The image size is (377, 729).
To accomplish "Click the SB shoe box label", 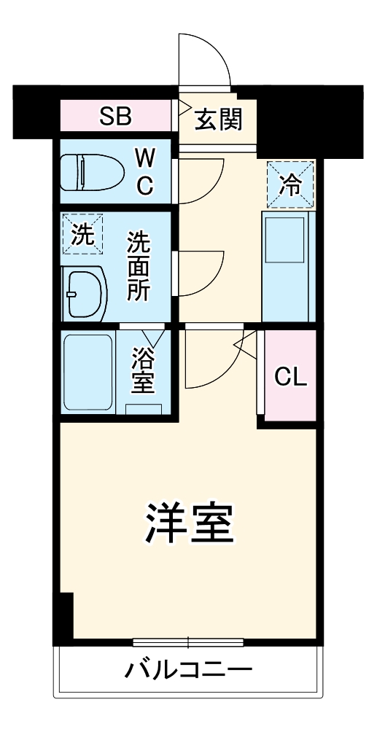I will [116, 117].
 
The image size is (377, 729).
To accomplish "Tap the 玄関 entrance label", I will [218, 117].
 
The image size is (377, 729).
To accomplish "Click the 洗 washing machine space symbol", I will [82, 235].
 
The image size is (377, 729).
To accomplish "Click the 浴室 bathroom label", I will [142, 370].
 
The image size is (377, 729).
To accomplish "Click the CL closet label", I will [290, 376].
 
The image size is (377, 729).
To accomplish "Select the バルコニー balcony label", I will [187, 669].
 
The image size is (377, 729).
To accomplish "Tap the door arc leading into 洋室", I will [211, 361].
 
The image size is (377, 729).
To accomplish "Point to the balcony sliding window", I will [188, 642].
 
